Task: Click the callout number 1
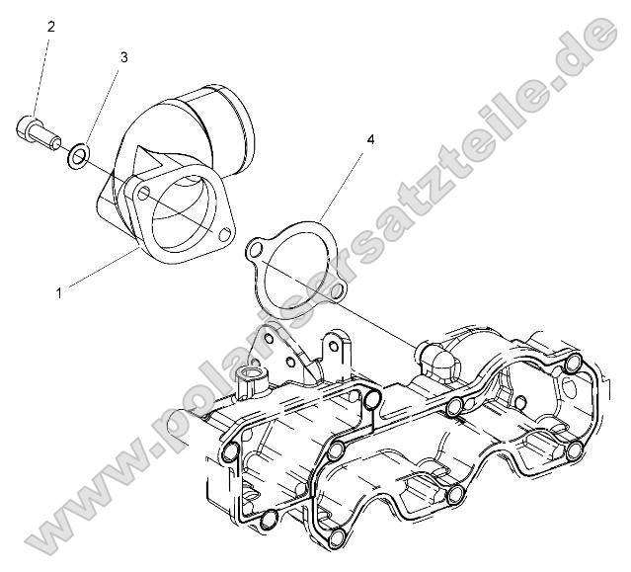coord(60,291)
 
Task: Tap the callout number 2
coord(50,27)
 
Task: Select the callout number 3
coord(123,57)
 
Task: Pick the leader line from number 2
coord(41,74)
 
